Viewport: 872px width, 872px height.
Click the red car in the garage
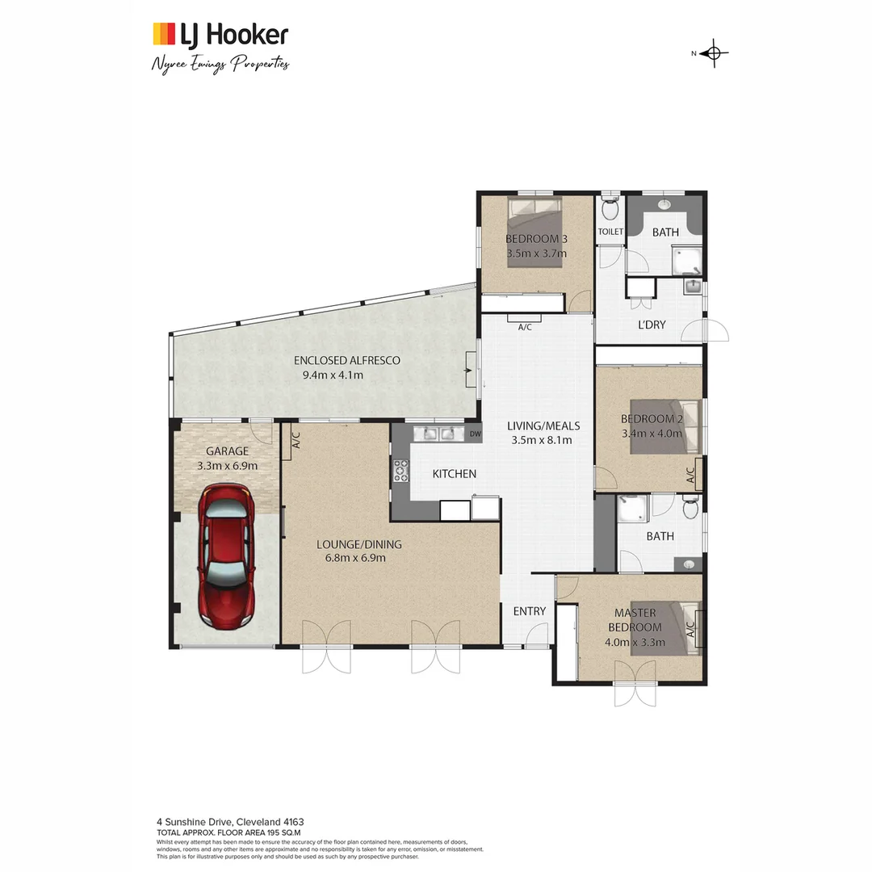(x=227, y=557)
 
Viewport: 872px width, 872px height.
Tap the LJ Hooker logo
(x=220, y=35)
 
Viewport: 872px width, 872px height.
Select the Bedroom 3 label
(x=536, y=239)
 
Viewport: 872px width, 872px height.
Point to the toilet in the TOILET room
(x=610, y=209)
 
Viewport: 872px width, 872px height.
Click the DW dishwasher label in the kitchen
(x=476, y=434)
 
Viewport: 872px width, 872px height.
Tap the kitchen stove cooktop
(x=400, y=470)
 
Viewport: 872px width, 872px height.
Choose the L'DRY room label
(x=652, y=324)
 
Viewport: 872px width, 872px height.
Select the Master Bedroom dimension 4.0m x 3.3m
(x=635, y=643)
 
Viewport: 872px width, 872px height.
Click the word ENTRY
(x=530, y=611)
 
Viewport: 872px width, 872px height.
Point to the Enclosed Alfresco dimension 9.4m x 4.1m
(x=333, y=375)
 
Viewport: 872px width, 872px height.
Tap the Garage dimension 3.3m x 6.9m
(x=227, y=466)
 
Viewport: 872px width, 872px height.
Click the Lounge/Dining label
(x=358, y=544)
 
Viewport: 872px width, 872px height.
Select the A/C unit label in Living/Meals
(x=524, y=326)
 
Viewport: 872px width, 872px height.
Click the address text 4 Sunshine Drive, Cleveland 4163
(x=230, y=822)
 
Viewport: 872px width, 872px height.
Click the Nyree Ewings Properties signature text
(x=220, y=65)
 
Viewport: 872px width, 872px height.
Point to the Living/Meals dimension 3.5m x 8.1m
(x=541, y=440)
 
